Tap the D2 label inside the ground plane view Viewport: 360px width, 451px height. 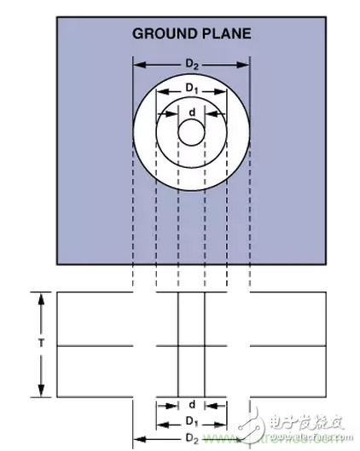192,64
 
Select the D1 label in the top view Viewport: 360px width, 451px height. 192,88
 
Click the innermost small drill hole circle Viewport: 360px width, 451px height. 191,133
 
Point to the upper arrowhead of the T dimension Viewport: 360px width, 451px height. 40,297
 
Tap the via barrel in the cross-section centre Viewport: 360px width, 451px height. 192,345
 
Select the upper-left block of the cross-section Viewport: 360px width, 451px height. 94,319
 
